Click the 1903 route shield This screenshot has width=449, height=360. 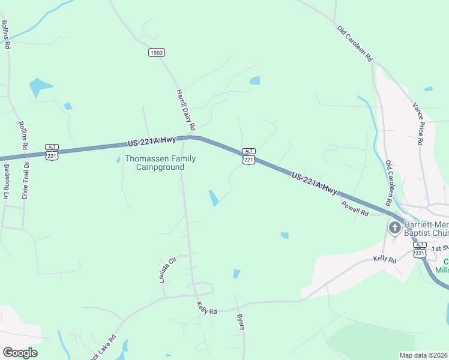tap(156, 53)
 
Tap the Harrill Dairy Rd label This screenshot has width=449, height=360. tap(186, 110)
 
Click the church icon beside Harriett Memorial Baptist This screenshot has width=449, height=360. tap(394, 227)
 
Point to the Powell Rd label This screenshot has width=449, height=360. tap(355, 208)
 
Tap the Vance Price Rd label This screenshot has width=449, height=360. tap(418, 124)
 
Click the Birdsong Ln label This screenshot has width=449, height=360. tap(7, 182)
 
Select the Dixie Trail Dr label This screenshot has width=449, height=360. tap(25, 179)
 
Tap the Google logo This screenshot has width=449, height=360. tap(20, 353)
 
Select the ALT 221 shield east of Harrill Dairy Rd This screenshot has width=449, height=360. tap(249, 156)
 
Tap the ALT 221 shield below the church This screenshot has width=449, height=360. tap(420, 249)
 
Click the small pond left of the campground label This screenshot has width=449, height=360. tap(118, 160)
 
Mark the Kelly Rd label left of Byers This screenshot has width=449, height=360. tap(206, 308)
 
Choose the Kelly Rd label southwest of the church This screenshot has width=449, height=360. tap(385, 260)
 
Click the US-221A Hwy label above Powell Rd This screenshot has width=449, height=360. tap(314, 182)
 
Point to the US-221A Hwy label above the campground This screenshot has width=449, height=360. tap(151, 142)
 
